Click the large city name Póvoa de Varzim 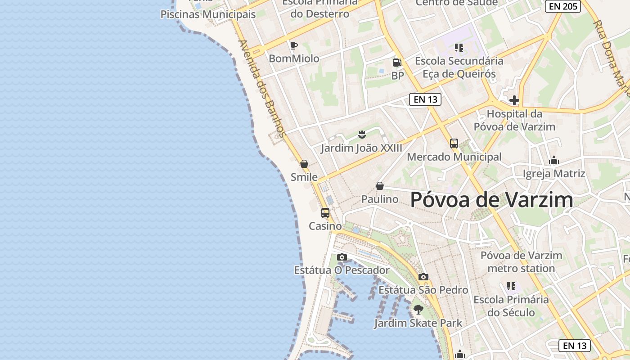point(492,200)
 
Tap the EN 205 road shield point(563,6)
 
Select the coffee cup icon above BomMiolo point(293,45)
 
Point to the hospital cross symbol point(514,100)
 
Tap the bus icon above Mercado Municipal point(454,144)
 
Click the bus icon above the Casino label point(325,213)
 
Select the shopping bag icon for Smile point(304,164)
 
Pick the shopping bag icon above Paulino point(380,186)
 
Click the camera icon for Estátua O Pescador point(342,257)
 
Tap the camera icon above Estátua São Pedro point(423,277)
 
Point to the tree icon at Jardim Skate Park point(418,310)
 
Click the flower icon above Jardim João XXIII point(361,134)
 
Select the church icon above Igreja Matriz point(553,160)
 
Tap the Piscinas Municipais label point(208,14)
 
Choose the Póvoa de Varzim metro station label point(521,262)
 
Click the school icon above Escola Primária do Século point(511,286)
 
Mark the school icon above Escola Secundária point(459,47)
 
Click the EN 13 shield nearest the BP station point(425,99)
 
